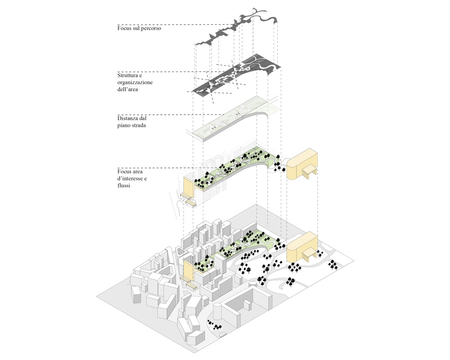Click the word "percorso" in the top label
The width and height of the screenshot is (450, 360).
coord(150,28)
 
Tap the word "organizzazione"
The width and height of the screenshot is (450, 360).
coord(135,83)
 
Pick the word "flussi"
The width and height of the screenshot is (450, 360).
coord(124,185)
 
